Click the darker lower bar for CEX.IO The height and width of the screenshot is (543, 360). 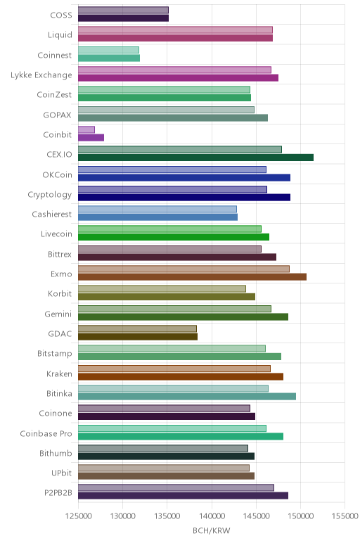[195, 158]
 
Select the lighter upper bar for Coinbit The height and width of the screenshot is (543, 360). [86, 129]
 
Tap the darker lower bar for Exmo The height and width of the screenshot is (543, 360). [192, 276]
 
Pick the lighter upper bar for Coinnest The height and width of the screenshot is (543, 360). [108, 50]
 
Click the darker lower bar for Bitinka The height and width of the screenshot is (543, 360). [187, 397]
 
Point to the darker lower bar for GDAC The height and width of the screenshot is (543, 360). [138, 337]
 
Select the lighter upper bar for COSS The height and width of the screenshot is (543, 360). [123, 10]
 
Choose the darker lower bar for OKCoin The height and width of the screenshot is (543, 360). [184, 178]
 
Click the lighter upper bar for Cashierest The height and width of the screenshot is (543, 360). [157, 209]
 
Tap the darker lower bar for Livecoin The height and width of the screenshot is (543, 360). [174, 237]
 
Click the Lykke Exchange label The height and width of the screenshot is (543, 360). [41, 75]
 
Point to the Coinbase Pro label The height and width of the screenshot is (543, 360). [46, 433]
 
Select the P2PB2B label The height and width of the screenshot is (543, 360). [58, 492]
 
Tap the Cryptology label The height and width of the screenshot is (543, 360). [50, 195]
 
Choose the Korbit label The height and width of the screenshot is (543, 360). [60, 294]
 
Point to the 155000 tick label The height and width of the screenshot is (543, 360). [345, 516]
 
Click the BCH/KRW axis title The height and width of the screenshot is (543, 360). [212, 530]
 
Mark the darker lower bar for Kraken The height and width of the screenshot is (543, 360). [181, 376]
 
